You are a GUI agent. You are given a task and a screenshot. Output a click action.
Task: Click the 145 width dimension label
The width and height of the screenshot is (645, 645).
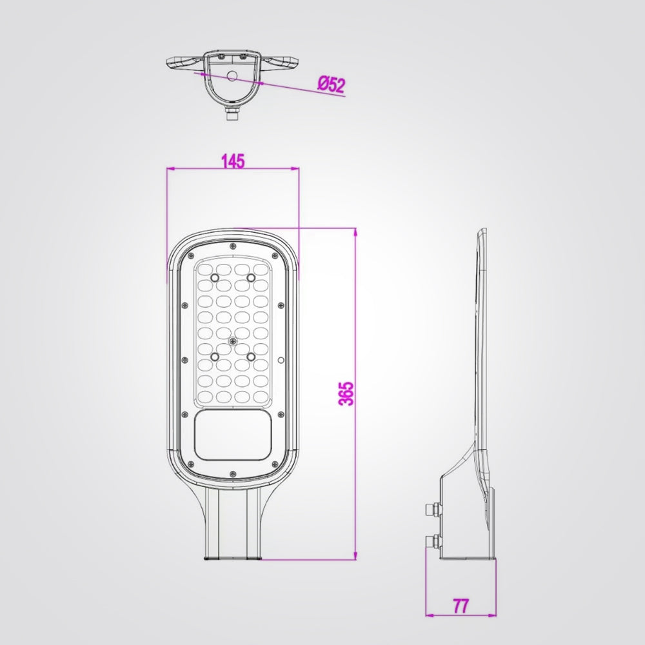pyautogui.click(x=233, y=161)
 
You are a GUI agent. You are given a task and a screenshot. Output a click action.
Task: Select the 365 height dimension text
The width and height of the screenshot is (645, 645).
pyautogui.click(x=346, y=393)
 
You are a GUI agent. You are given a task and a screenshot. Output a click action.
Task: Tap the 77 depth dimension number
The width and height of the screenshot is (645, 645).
pyautogui.click(x=461, y=606)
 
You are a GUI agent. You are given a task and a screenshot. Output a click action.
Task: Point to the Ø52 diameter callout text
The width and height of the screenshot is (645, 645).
pyautogui.click(x=332, y=84)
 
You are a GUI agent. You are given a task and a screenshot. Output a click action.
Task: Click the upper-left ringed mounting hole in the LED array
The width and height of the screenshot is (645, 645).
pyautogui.click(x=215, y=277)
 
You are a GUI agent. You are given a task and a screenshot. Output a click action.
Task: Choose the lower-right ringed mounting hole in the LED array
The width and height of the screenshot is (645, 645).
pyautogui.click(x=250, y=354)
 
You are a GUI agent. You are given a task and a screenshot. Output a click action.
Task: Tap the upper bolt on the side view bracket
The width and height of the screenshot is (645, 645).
pyautogui.click(x=433, y=510)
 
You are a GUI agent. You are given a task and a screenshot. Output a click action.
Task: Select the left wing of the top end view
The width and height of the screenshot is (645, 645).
pyautogui.click(x=184, y=63)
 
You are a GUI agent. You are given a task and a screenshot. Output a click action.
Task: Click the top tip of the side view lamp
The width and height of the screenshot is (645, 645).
pyautogui.click(x=482, y=230)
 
